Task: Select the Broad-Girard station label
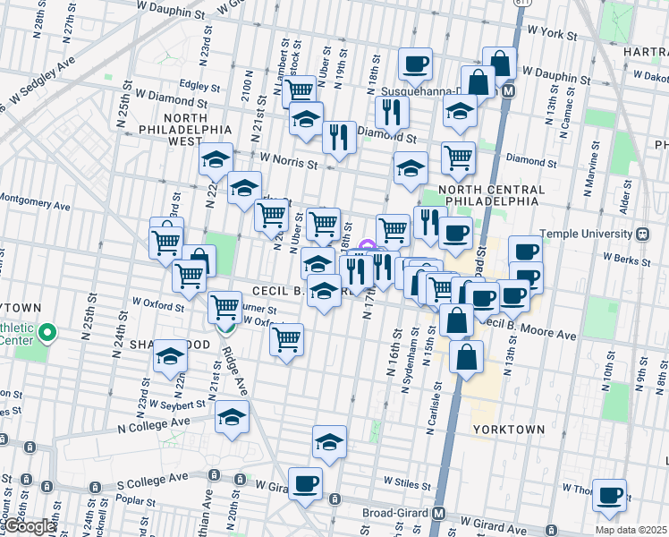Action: [394, 514]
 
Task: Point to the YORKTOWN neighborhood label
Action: [508, 430]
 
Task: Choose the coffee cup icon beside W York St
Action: [415, 64]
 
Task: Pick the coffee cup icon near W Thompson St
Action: [609, 494]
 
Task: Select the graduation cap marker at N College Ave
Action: [233, 417]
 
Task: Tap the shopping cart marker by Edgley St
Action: [301, 90]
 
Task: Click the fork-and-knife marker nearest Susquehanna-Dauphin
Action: [390, 112]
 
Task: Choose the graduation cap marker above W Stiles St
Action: [329, 442]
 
